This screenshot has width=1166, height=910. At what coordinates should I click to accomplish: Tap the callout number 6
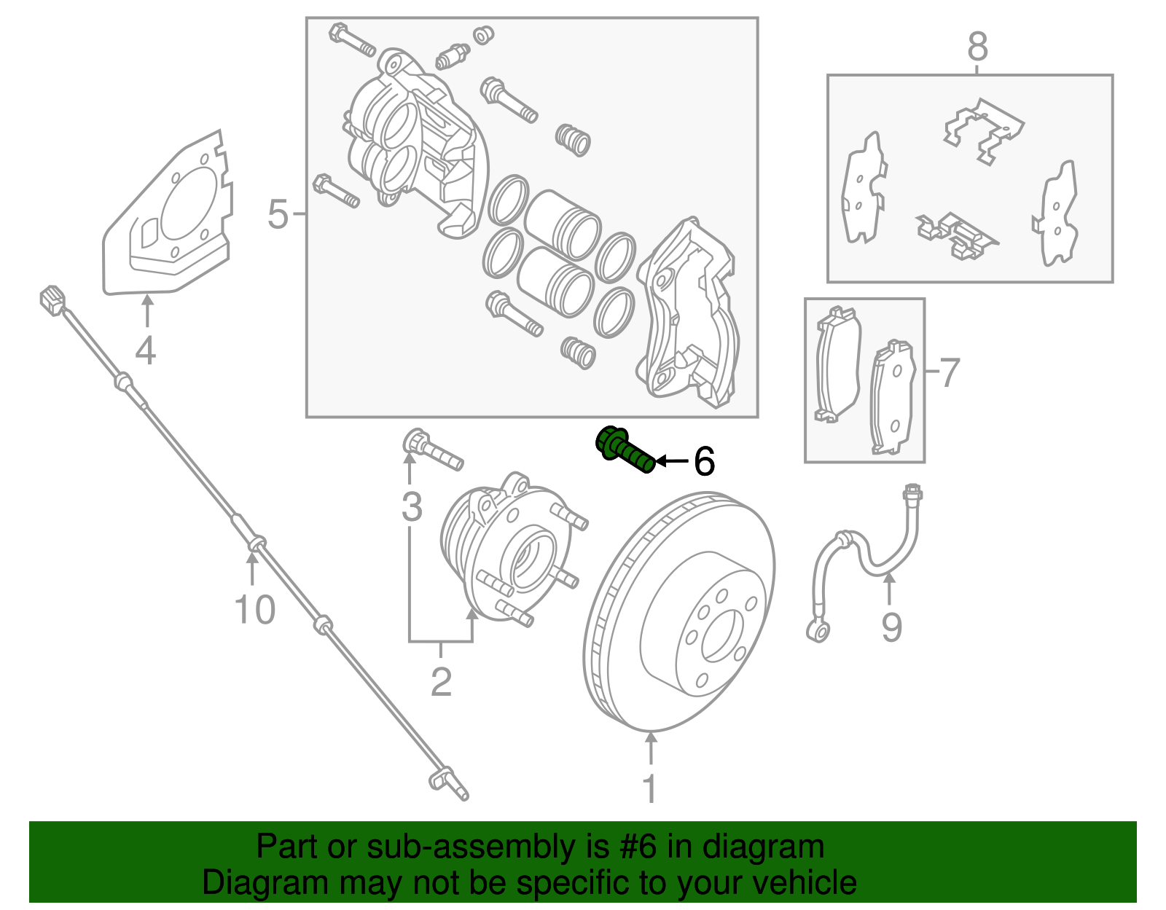(703, 461)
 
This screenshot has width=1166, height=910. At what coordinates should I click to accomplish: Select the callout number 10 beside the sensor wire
(254, 609)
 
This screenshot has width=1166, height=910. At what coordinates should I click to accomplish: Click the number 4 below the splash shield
(146, 350)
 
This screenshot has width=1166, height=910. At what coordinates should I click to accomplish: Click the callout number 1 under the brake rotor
(649, 789)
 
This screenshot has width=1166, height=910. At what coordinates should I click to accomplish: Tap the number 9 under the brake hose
(891, 627)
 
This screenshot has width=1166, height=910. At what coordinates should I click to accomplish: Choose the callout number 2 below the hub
(441, 682)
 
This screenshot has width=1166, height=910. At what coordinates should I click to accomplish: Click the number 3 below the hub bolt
(412, 506)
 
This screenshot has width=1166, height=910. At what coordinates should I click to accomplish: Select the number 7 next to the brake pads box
(949, 373)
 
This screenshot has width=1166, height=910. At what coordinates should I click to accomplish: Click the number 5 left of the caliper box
(278, 214)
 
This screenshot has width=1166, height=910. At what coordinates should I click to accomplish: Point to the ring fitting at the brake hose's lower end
(818, 629)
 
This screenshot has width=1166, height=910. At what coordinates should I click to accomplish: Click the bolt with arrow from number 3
(431, 450)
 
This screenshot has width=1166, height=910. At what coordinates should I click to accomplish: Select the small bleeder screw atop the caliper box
(452, 55)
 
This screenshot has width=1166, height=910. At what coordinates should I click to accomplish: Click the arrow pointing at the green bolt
(671, 461)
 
